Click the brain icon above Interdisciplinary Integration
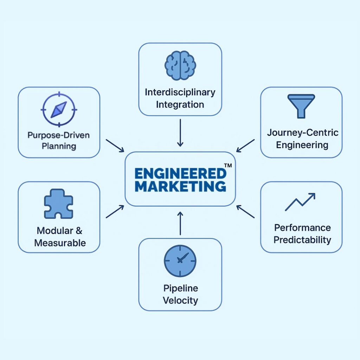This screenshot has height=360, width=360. [180, 65]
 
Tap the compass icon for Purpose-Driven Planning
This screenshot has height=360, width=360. [59, 110]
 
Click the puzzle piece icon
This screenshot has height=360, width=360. [58, 204]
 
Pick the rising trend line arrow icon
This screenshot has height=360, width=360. [300, 202]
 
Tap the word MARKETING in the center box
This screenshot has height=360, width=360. [180, 186]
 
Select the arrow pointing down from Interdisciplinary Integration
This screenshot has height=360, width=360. [180, 133]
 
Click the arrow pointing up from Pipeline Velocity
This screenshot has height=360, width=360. [180, 223]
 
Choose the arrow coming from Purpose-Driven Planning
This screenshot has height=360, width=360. [115, 146]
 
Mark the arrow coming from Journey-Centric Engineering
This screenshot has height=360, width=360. [245, 146]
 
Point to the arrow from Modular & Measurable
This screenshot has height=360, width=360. [115, 212]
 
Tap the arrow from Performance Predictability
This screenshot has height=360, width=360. [245, 212]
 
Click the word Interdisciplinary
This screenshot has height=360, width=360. [180, 92]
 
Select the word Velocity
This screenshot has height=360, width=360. [180, 301]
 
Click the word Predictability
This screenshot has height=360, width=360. [302, 240]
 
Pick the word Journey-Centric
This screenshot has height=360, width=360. [302, 133]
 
